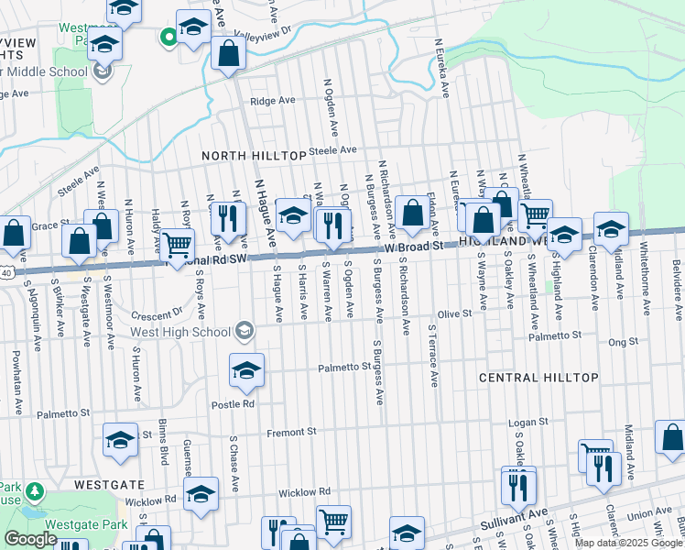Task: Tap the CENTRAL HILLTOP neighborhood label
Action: (539, 378)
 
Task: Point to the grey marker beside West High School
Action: (245, 329)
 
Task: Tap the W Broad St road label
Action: (414, 247)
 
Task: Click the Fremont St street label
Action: (291, 431)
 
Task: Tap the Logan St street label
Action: (528, 423)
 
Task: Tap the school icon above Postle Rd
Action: (246, 370)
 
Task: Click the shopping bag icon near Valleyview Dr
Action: (228, 54)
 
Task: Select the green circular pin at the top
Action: (168, 37)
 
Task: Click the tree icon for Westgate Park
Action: (35, 492)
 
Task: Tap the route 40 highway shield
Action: (5, 272)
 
